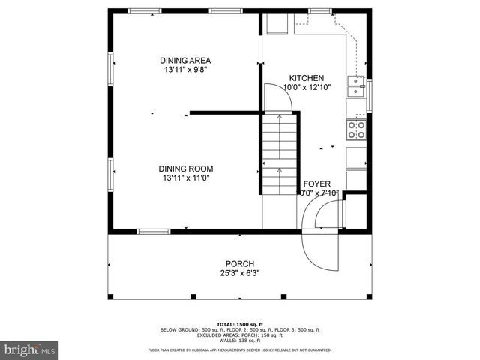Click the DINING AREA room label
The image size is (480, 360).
tap(185, 61)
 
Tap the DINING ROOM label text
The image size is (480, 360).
tap(185, 169)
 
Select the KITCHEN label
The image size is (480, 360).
tap(307, 78)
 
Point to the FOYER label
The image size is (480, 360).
tap(316, 184)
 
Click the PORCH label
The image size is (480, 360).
tap(240, 264)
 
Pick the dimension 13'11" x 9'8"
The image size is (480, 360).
tap(185, 70)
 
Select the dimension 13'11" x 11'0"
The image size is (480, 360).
tap(185, 178)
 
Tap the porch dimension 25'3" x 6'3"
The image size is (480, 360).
tap(240, 273)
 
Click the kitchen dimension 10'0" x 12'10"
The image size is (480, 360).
tap(307, 87)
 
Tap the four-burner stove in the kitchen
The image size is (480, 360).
tap(355, 130)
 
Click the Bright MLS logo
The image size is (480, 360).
tap(30, 349)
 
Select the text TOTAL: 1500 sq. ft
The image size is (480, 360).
tap(240, 324)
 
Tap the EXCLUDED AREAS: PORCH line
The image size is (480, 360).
tap(240, 334)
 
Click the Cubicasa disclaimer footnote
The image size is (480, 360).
tap(240, 349)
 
